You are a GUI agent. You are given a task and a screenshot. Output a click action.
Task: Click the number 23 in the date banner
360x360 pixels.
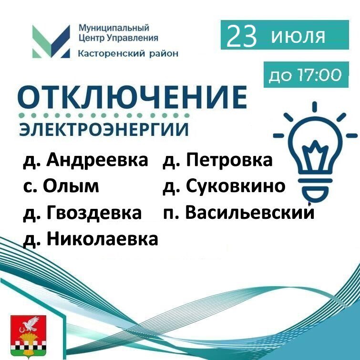click(x=241, y=36)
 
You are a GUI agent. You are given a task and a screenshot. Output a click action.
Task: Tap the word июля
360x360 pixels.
click(x=298, y=36)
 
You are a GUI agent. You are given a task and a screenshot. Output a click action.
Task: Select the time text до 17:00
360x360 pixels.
click(x=305, y=75)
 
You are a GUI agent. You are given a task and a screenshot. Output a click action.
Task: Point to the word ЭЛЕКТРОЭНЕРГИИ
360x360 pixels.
click(x=103, y=130)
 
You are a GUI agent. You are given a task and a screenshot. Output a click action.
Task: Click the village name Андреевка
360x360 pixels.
click(x=97, y=160)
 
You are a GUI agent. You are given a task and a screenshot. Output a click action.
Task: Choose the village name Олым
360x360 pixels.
click(x=71, y=186)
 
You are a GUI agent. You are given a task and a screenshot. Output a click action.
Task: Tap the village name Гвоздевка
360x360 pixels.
click(x=94, y=212)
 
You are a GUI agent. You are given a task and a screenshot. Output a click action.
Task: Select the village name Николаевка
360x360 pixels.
click(x=103, y=239)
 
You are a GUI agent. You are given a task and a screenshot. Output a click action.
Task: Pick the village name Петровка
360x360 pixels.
click(x=229, y=160)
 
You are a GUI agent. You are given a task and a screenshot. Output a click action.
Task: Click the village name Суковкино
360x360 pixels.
click(x=236, y=186)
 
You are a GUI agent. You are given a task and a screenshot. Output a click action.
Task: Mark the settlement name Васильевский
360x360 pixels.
click(x=250, y=212)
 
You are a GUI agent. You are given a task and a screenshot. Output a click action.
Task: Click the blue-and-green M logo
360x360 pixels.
click(x=51, y=41)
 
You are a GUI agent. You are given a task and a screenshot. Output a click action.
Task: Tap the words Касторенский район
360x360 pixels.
click(x=128, y=53)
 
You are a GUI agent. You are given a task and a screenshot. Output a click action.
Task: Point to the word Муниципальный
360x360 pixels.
click(x=114, y=28)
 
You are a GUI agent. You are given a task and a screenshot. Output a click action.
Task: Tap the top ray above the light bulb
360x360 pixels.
click(x=315, y=107)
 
